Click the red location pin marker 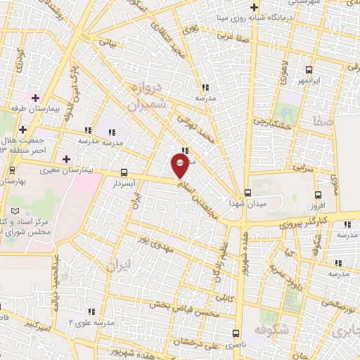coord(179,165)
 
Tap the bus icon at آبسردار coord(124,172)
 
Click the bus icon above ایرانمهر coord(309,70)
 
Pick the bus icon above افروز coord(319,195)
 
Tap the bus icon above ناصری coord(236,335)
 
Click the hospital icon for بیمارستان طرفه coord(34,96)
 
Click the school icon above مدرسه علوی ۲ coord(91,311)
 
